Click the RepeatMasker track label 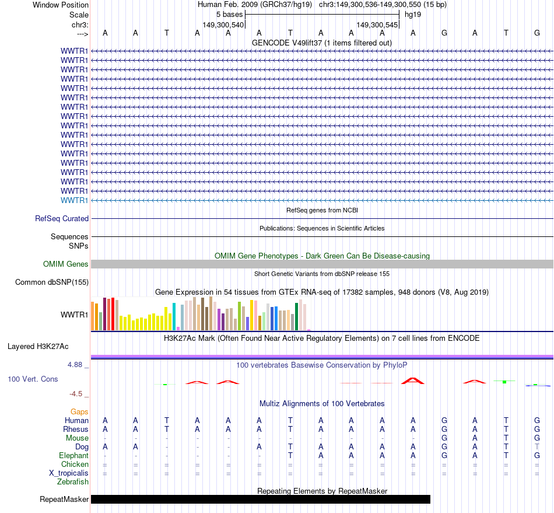coord(64,499)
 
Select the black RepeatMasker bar coord(260,499)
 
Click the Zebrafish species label coord(73,482)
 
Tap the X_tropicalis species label coord(69,473)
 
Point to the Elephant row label coord(73,456)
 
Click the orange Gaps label coord(79,412)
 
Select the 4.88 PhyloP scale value coord(78,365)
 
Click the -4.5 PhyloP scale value coord(79,394)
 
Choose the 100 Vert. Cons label coord(33,379)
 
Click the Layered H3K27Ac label coord(38,347)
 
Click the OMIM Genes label coord(66,264)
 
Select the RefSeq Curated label coord(62,219)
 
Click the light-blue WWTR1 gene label coord(75,201)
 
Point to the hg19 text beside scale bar coord(413,14)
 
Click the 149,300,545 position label coord(377,25)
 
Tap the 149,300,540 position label coord(223,25)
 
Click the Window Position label coord(61,5)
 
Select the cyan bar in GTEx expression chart coord(174,316)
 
